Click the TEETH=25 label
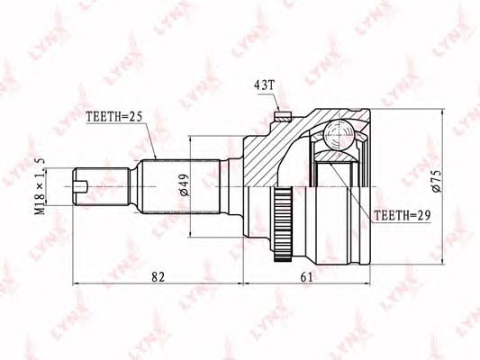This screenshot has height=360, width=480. [114, 116]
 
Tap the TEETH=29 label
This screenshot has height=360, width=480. [403, 216]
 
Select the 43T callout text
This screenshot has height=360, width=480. [265, 85]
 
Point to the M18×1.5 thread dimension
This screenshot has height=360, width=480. [41, 186]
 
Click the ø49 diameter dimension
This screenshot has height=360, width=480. [185, 185]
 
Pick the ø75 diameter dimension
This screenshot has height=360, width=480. [437, 181]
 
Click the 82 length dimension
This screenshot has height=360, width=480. [158, 277]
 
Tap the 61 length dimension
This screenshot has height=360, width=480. [307, 277]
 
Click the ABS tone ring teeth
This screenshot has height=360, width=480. [283, 225]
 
